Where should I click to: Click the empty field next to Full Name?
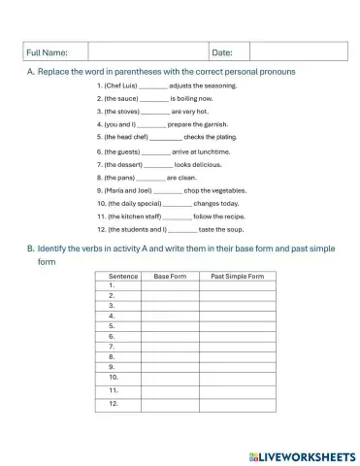(148, 51)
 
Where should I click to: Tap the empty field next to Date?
(297, 51)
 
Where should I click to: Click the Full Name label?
(47, 51)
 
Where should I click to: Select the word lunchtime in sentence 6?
(213, 152)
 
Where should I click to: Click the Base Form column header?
(170, 277)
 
